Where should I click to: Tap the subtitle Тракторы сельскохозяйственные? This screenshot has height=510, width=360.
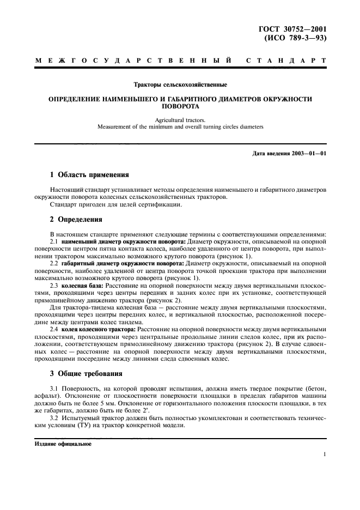[180, 84]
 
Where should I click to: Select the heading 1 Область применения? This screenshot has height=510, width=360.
[89, 175]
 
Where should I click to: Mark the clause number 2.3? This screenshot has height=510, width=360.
[54, 284]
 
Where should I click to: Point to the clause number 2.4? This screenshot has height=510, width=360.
[54, 330]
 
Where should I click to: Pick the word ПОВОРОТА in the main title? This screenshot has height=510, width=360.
[180, 107]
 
